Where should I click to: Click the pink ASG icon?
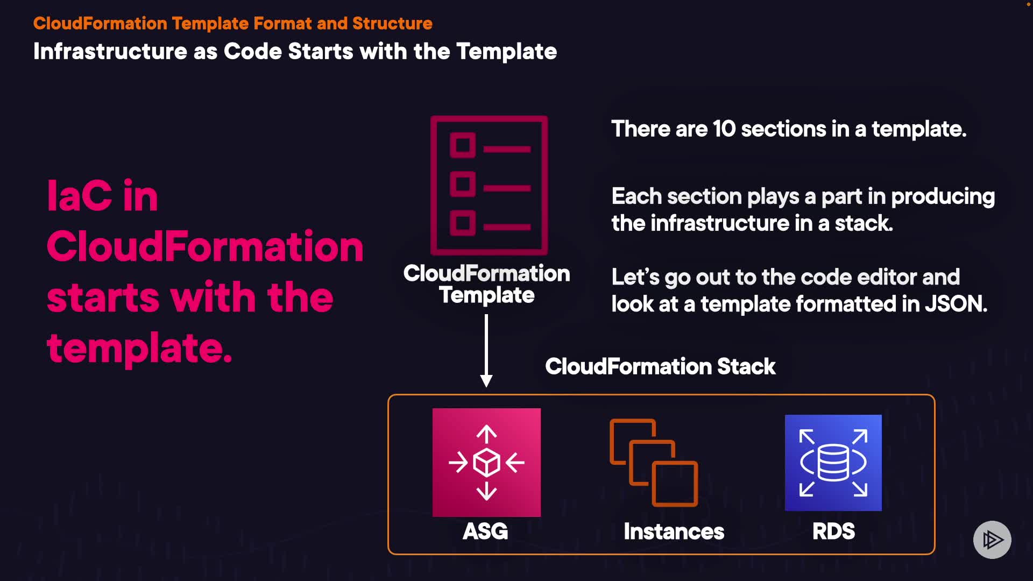(486, 462)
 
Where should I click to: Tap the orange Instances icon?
(654, 462)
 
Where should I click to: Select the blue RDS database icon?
(833, 462)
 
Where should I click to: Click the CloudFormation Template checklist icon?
(489, 185)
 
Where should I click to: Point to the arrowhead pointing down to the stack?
(486, 381)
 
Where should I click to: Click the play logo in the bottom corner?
(992, 540)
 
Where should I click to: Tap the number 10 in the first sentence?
(724, 129)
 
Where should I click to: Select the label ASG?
(485, 532)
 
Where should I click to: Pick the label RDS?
(833, 532)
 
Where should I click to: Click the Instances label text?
(674, 532)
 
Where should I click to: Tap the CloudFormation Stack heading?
(660, 366)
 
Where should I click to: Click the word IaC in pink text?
(80, 196)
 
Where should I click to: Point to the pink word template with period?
(139, 348)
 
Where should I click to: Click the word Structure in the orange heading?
(392, 24)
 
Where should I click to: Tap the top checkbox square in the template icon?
(462, 145)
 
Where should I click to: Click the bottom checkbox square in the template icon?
(462, 223)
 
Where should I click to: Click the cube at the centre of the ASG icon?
(486, 462)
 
